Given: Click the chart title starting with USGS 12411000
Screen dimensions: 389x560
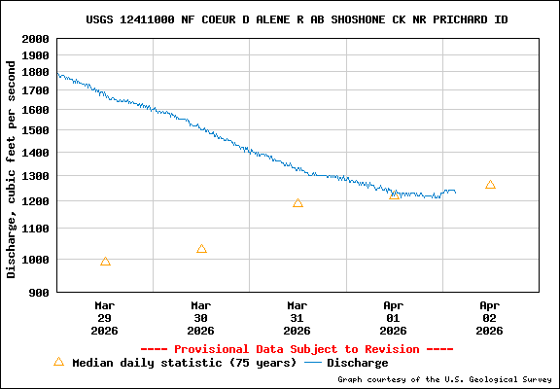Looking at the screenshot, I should click(297, 19).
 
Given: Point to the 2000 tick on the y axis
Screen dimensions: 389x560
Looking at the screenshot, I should click(35, 40).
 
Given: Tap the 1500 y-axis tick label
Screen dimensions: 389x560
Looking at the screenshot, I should click(35, 130).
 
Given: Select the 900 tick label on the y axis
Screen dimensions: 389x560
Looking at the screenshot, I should click(39, 293).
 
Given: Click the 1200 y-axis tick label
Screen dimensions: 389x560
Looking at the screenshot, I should click(35, 201).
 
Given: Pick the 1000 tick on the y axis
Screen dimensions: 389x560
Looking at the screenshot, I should click(35, 260).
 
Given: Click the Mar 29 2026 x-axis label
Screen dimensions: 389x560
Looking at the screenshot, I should click(105, 317).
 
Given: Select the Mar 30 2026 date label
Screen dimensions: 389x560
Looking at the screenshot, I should click(201, 317).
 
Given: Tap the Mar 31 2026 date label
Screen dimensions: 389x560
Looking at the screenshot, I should click(297, 317).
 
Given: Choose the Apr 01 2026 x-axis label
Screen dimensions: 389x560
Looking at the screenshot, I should click(394, 317).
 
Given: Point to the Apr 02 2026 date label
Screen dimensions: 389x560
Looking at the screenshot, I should click(490, 317).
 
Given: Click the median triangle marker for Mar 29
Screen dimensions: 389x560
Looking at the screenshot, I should click(105, 262).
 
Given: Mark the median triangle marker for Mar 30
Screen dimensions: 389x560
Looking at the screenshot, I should click(201, 249).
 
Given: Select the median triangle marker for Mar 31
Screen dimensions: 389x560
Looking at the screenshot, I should click(297, 203).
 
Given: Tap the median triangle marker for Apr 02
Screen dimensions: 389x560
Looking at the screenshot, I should click(490, 185).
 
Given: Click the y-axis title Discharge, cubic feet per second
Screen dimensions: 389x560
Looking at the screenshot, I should click(12, 168).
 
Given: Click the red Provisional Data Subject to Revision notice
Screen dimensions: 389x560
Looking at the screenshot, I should click(297, 349).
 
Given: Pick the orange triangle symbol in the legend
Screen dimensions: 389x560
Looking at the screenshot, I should click(58, 362).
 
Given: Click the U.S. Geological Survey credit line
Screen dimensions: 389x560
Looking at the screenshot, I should click(446, 380).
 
